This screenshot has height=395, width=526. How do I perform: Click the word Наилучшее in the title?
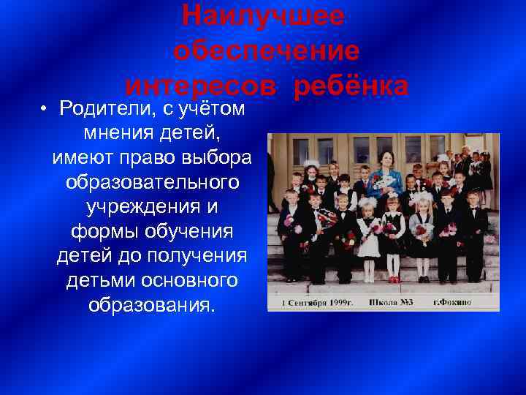pos(262,15)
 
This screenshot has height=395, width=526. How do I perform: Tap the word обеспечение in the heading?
pos(267,50)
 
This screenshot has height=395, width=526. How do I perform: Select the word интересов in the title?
pos(200,86)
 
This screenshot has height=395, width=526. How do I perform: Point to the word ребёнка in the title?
pos(350,86)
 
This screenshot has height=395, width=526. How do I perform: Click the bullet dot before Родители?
pos(45,109)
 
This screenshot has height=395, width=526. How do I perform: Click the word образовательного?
pos(152,182)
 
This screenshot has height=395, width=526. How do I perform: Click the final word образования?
pos(152,305)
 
